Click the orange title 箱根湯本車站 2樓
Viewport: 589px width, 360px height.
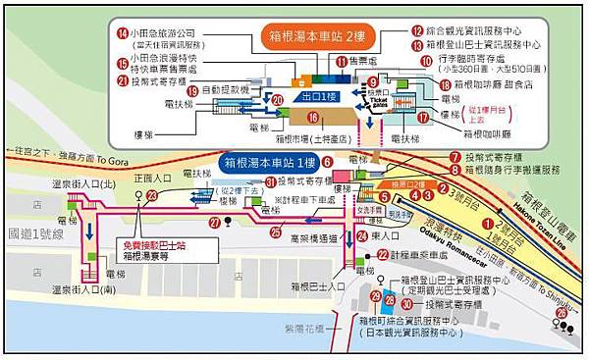(x=314, y=39)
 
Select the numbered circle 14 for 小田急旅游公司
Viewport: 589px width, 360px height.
(x=123, y=32)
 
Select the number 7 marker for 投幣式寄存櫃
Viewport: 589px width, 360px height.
(x=455, y=156)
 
